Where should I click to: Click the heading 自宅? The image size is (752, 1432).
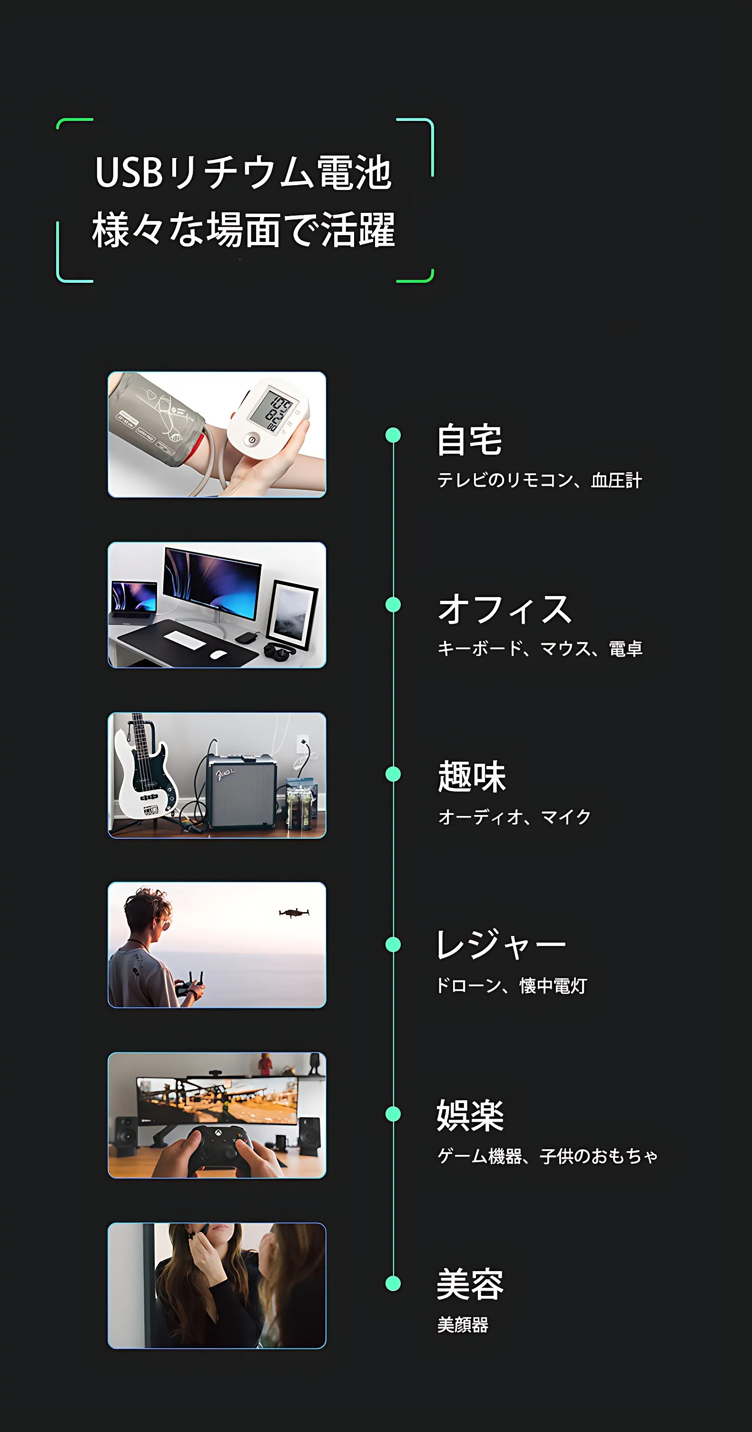[x=470, y=440]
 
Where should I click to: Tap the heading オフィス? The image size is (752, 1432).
[x=505, y=609]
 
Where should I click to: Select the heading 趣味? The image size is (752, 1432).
[x=471, y=776]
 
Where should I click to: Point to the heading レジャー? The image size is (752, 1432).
[x=501, y=945]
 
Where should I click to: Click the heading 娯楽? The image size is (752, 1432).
[x=470, y=1115]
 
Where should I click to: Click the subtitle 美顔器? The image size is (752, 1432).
[x=463, y=1325]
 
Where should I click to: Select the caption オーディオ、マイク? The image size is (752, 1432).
[x=514, y=816]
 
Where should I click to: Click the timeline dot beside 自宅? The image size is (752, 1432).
[x=393, y=435]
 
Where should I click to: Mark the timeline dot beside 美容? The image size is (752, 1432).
[x=393, y=1283]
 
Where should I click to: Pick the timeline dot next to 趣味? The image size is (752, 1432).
[x=393, y=774]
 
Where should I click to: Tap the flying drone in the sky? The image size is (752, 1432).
[x=294, y=913]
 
